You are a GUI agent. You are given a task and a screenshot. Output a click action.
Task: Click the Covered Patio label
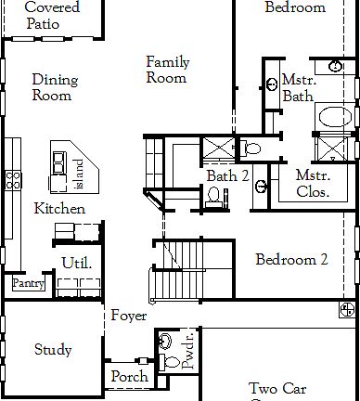(52, 15)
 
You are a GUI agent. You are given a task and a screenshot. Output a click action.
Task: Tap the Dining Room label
(55, 87)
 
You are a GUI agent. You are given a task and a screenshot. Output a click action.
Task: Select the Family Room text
(167, 70)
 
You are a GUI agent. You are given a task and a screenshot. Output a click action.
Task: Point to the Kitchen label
(59, 209)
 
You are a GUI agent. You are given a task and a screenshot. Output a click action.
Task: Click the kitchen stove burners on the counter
(13, 179)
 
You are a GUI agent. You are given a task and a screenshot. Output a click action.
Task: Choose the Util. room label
(76, 263)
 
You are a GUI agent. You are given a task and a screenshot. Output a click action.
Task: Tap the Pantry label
(27, 284)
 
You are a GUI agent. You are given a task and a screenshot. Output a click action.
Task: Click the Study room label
(53, 350)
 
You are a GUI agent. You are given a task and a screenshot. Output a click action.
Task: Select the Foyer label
(129, 317)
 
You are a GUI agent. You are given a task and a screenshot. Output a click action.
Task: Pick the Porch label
(129, 377)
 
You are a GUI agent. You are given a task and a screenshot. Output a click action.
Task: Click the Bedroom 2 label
(291, 260)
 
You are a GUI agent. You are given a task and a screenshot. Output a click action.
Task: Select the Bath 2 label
(227, 175)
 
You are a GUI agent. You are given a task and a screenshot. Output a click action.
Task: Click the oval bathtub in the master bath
(332, 118)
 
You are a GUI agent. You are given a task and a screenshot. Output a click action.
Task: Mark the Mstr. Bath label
(299, 87)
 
